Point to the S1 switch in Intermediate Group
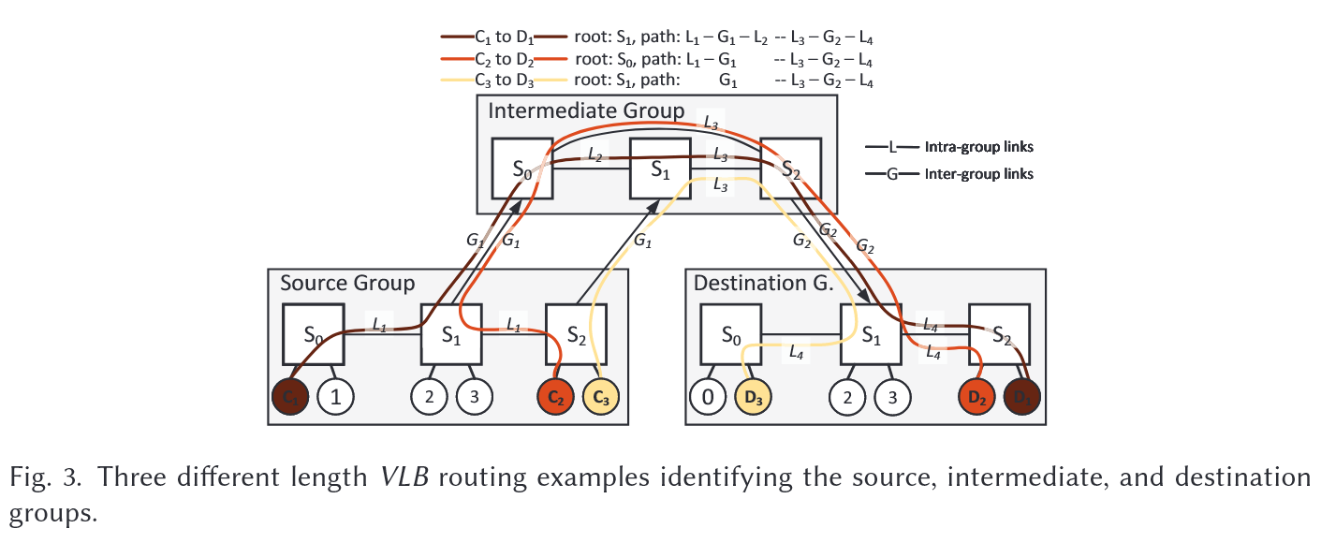[x=660, y=169]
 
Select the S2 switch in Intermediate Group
[x=791, y=169]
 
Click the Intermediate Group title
[x=586, y=111]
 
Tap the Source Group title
[x=347, y=283]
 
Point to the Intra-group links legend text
[x=978, y=147]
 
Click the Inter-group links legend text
[x=978, y=174]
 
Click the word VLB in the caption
[x=404, y=477]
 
